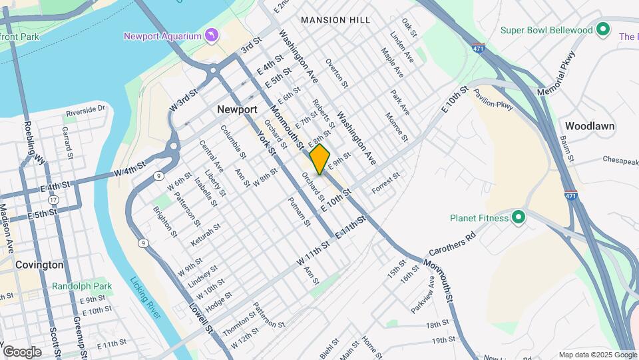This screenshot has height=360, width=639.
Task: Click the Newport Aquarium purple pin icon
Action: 212,34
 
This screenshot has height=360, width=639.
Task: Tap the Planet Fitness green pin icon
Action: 519,217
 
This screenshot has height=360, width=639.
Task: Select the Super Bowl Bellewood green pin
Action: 603,30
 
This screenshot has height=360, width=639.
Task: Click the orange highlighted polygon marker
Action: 319,159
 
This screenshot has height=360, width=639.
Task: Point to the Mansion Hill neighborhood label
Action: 335,20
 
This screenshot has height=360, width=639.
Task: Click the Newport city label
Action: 237,109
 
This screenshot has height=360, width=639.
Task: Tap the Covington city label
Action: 41,265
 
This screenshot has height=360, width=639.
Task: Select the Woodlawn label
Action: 590,125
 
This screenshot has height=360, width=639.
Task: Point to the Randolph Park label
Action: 83,287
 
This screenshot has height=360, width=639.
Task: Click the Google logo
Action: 22,351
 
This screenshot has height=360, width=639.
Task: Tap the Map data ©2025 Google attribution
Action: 597,355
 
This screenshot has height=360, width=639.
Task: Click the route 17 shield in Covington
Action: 53,200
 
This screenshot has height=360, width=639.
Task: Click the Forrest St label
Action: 385,184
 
